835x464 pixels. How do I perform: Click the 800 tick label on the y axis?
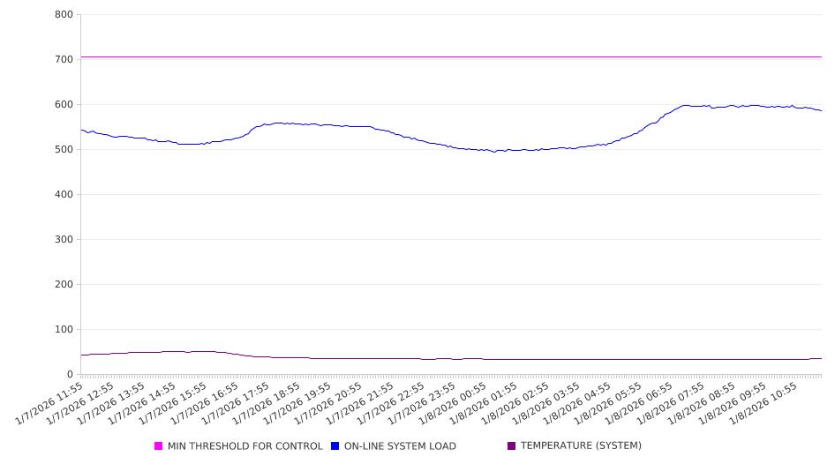(x=64, y=14)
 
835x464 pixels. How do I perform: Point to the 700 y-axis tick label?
(x=64, y=59)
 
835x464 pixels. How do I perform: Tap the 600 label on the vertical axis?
(x=64, y=104)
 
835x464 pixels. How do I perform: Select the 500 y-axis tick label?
(x=64, y=149)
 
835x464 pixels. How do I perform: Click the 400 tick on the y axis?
(x=64, y=194)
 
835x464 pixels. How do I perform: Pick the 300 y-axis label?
(x=64, y=239)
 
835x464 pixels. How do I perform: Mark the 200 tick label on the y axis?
(x=64, y=284)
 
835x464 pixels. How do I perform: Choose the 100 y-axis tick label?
(x=64, y=329)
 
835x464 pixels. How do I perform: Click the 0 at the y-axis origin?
(x=70, y=374)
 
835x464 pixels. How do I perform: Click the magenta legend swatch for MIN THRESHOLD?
(x=159, y=446)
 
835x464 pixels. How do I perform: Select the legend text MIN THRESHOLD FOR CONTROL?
(x=244, y=446)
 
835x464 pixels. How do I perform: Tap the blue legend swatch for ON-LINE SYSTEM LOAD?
(x=335, y=446)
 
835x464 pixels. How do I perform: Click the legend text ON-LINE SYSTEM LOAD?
(x=400, y=446)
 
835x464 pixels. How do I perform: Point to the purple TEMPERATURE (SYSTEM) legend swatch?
(x=512, y=446)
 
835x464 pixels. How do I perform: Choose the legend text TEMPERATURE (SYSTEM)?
(x=581, y=446)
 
